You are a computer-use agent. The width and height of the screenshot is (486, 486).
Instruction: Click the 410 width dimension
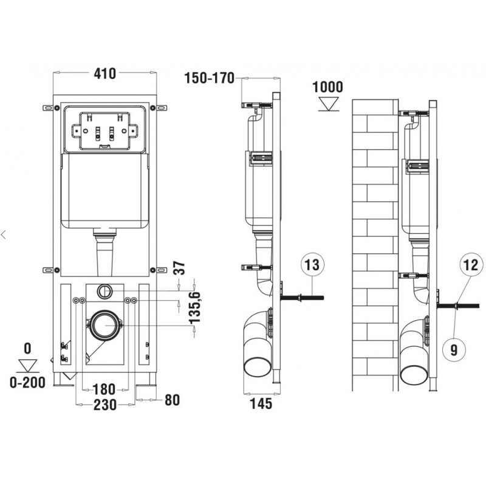coord(104,74)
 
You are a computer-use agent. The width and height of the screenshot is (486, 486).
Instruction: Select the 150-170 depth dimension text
coord(209,78)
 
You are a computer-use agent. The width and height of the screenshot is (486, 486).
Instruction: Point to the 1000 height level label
coord(327,87)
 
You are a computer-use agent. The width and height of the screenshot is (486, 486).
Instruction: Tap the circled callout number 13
coord(312,265)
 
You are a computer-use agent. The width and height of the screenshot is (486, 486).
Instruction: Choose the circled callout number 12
coord(471,265)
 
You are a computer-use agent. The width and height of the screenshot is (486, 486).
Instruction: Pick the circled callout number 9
coord(454,350)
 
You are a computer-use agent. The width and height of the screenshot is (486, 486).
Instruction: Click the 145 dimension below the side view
coord(261,403)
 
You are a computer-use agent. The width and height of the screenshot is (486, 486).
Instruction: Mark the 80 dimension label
coord(172,400)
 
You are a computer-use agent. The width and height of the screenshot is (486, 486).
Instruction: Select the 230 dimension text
coord(105,405)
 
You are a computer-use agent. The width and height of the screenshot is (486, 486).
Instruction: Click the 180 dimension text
coord(104,389)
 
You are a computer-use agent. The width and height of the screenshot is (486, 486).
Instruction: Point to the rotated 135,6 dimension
coord(195,307)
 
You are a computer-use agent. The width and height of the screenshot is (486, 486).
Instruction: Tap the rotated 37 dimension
coord(179,268)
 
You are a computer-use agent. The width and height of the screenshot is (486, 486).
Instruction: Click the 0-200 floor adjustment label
coord(27,383)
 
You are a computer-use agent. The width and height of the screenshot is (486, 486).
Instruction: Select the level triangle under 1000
coord(329,104)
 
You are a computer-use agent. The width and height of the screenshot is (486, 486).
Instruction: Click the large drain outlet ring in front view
coord(104,325)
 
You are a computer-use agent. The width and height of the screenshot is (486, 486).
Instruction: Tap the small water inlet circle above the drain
coord(105,291)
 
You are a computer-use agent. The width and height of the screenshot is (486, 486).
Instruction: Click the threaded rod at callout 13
coord(302,298)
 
